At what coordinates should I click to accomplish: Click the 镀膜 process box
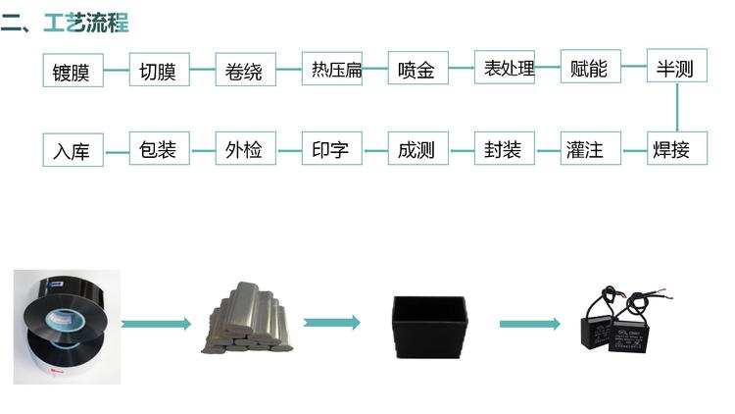coord(73,72)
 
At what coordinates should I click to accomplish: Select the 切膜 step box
coord(159,71)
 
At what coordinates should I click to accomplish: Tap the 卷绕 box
coord(245,71)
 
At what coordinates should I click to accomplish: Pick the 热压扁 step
coord(331,70)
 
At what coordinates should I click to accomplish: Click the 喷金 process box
coord(417,71)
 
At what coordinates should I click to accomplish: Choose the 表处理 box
coord(504,69)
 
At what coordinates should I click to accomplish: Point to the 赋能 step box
coord(590,69)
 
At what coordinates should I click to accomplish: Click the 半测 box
coord(676,69)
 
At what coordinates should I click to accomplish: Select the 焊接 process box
coord(676,149)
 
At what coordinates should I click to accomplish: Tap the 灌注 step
coord(590,150)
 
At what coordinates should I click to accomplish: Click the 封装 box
coord(504,150)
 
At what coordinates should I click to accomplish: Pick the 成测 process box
coord(417,150)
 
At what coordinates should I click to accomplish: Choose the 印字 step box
coord(331,150)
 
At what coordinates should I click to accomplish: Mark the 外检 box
coord(245,150)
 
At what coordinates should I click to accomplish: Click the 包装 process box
coord(159,149)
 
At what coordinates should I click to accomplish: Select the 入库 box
coord(73,151)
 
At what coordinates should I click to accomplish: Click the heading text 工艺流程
coord(85,23)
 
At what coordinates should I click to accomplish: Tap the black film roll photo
coord(66,325)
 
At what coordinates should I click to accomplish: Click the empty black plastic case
coord(430,325)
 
